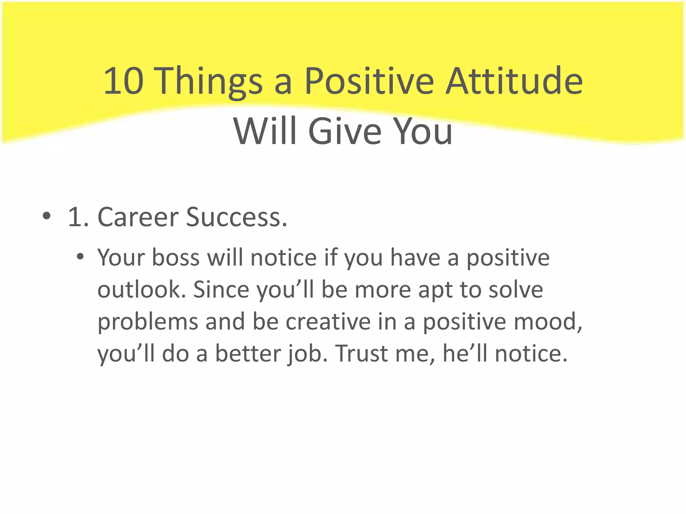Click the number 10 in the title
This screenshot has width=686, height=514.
coord(124,81)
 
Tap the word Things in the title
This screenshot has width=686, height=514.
coord(210,81)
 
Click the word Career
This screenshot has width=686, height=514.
coord(138,217)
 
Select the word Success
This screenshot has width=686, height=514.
coord(236,217)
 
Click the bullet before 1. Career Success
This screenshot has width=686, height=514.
coord(47,216)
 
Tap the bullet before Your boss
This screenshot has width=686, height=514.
coord(80,257)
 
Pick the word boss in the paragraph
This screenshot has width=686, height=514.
coord(176,258)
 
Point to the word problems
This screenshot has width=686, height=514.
coord(148,322)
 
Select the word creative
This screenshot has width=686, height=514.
coord(328,322)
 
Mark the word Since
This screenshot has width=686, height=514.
coord(221,290)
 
